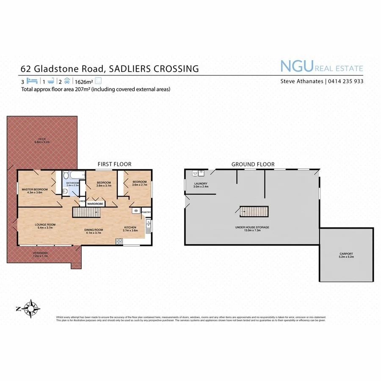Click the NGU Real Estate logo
tap(321, 67)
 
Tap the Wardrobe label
tap(96, 204)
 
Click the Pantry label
tap(146, 212)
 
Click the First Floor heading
tap(114, 164)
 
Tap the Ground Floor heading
tap(253, 164)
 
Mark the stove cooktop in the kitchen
tap(119, 241)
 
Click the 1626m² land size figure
tap(84, 81)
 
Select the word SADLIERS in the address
tap(134, 69)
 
